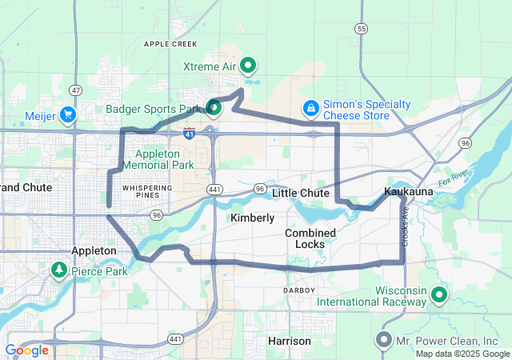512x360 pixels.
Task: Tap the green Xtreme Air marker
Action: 249,65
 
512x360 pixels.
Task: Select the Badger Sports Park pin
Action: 214,106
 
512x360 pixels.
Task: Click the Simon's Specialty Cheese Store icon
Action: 310,106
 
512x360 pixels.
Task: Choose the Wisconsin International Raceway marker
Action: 438,295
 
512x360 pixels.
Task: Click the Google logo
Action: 26,350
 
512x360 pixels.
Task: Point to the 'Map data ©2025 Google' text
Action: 462,354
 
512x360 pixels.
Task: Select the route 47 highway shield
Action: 75,90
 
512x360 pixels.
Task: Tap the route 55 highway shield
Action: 362,28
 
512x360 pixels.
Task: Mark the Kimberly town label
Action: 252,218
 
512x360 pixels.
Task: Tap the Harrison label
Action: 289,341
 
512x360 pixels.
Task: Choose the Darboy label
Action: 299,289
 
